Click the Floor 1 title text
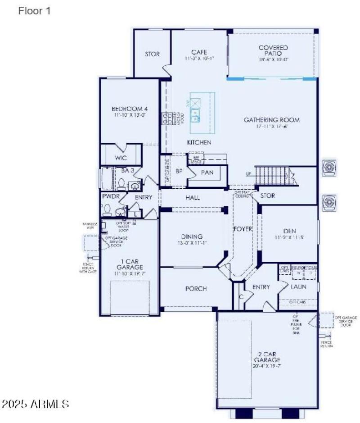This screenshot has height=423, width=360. pos(34,11)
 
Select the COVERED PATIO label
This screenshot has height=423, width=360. pos(273,50)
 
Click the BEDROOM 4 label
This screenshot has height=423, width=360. pos(130,109)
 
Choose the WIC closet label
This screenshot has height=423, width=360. pos(121,158)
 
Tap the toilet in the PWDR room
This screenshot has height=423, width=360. pos(107,209)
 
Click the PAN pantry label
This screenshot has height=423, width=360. pos(207,173)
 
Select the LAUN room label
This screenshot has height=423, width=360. pos(298,286)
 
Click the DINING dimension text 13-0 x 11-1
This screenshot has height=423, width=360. pos(192,243)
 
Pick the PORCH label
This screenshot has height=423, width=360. pos(196,289)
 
